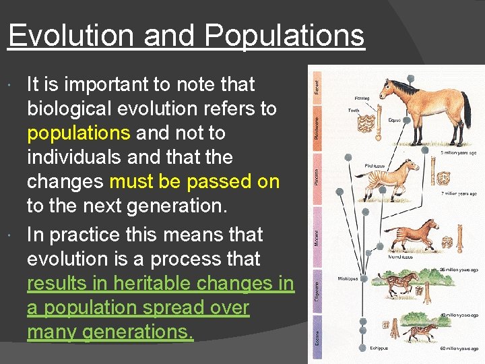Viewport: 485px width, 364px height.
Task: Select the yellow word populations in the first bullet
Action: click(x=79, y=133)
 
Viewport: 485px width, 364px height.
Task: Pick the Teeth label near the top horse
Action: click(x=353, y=111)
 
